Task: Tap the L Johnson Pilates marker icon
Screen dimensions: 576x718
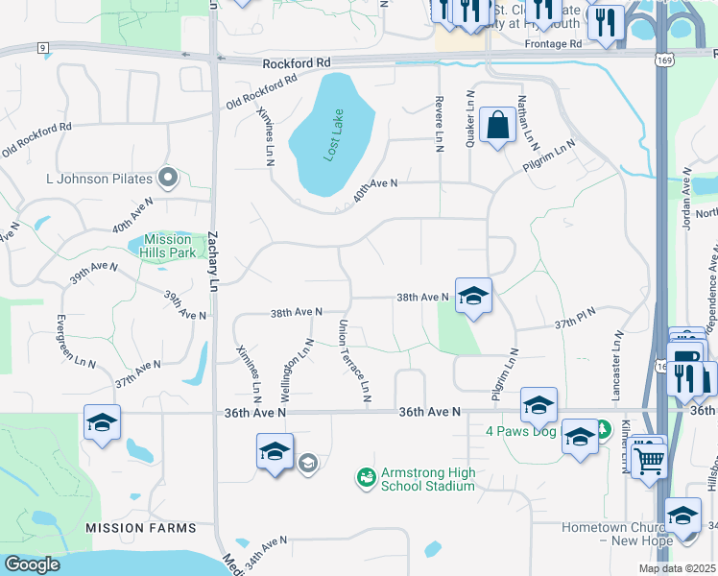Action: point(169,177)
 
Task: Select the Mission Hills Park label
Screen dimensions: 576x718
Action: point(168,247)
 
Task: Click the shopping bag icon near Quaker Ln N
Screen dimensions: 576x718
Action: point(498,125)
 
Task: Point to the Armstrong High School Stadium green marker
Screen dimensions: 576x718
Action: point(365,476)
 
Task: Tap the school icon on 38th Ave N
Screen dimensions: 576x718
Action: point(473,296)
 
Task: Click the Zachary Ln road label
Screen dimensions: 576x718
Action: point(213,260)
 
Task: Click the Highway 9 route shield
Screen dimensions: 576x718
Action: point(42,47)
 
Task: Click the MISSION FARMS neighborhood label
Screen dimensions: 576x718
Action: point(140,528)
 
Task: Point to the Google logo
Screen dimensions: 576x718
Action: point(32,564)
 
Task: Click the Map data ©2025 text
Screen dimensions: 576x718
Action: point(676,568)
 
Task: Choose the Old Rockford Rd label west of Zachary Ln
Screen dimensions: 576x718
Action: point(37,138)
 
